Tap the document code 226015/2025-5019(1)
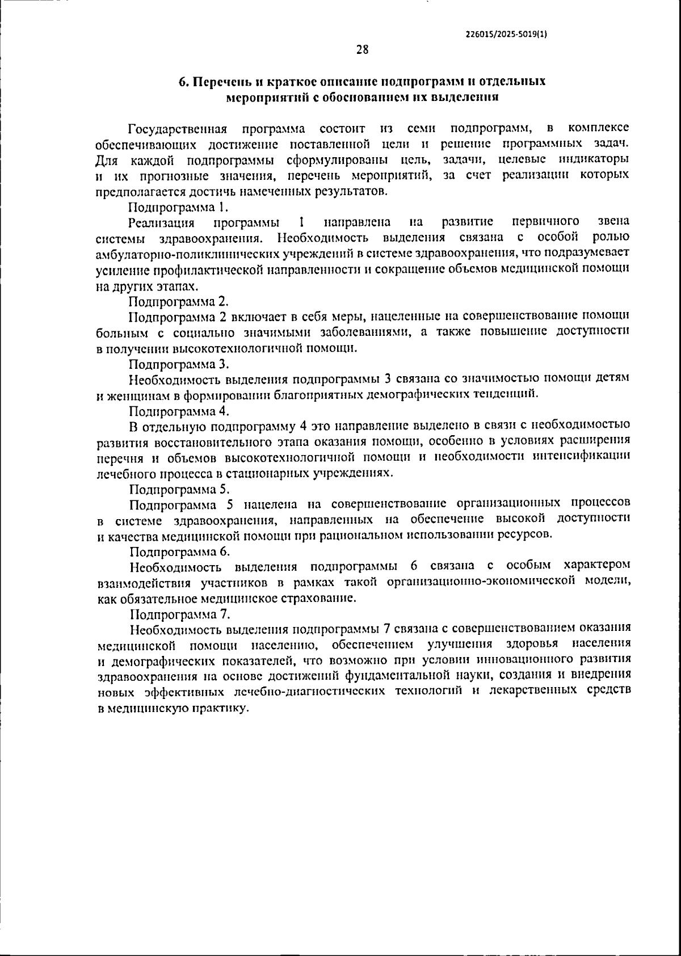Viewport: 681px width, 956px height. click(x=506, y=33)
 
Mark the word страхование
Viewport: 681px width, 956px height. click(x=321, y=598)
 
